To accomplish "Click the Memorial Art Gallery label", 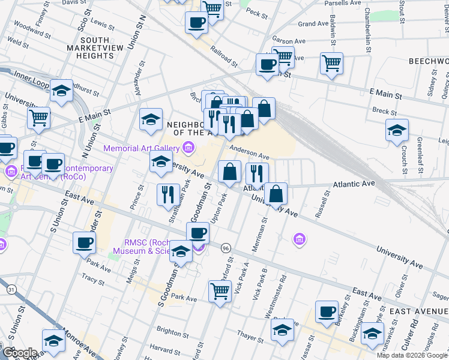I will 141,148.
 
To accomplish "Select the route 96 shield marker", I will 226,248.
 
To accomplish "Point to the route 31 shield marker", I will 11,289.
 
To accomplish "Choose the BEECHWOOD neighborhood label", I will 428,62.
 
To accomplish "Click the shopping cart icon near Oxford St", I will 220,292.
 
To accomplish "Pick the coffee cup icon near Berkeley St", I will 327,311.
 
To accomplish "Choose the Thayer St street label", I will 246,337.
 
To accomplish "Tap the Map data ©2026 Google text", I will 411,355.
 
